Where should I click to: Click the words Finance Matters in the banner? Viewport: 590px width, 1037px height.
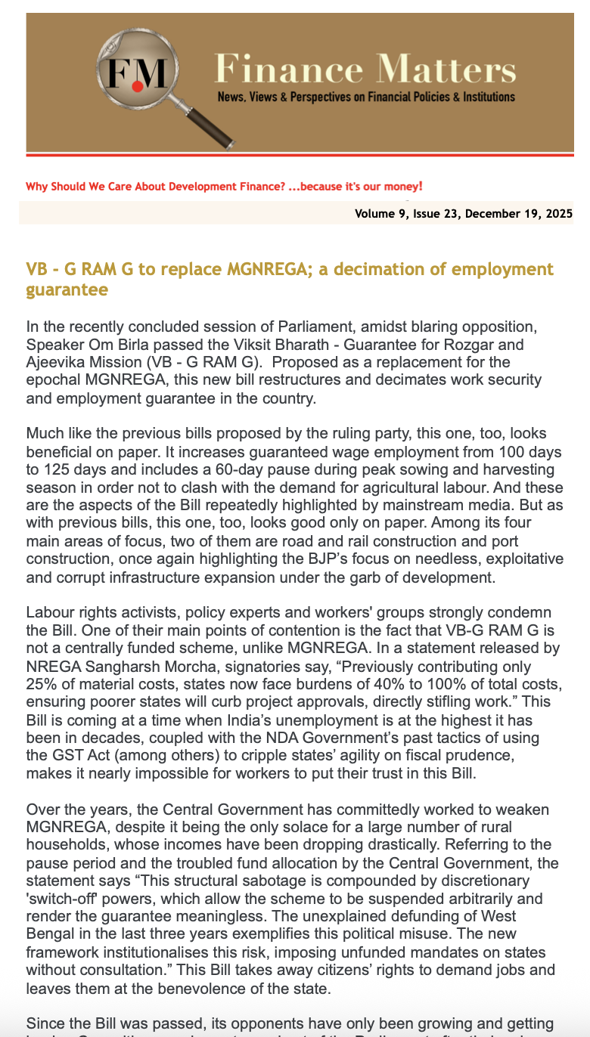pos(365,70)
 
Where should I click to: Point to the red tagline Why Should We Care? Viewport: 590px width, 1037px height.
pos(223,186)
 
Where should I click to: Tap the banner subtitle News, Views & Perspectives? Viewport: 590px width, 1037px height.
pos(366,97)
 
